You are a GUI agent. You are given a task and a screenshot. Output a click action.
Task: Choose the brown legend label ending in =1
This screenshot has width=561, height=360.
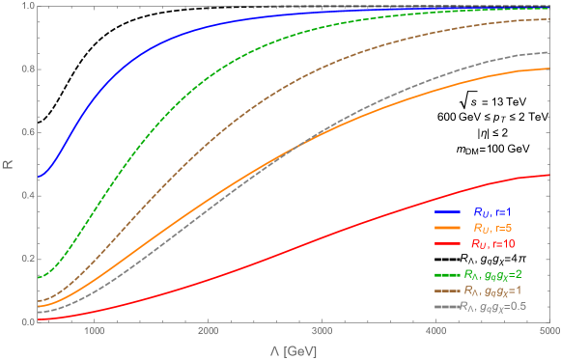(x=500, y=290)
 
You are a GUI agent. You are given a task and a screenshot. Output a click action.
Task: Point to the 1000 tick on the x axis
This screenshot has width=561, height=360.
(x=95, y=332)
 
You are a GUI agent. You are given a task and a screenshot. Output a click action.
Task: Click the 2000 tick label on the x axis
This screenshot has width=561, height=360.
(x=208, y=332)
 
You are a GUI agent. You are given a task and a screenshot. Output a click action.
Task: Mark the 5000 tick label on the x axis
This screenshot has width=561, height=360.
(x=547, y=332)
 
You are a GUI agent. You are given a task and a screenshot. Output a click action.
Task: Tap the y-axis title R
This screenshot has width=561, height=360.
(x=8, y=164)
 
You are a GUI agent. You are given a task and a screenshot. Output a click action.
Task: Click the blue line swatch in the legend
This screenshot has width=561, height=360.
(x=446, y=211)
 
